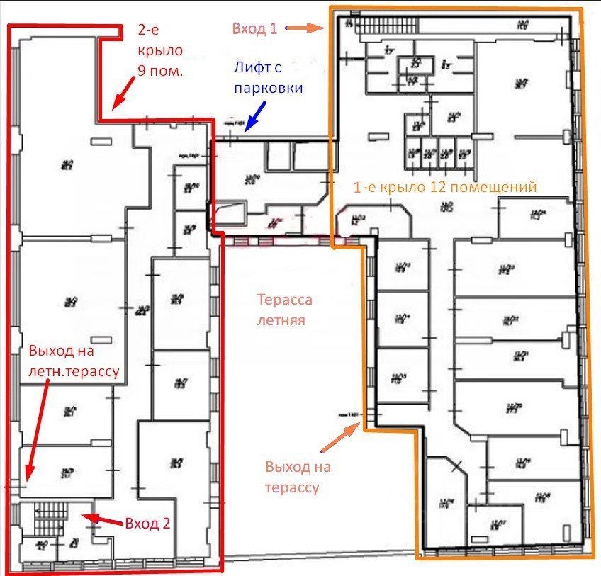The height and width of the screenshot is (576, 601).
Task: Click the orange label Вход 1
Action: point(254,29)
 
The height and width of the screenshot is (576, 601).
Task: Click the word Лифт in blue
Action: point(251,69)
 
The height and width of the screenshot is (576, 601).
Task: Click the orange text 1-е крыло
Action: point(382,187)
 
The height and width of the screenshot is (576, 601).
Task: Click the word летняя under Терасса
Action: point(285,319)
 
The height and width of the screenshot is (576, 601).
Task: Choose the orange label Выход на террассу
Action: point(298,477)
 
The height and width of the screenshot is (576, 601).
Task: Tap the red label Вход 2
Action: point(147,524)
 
